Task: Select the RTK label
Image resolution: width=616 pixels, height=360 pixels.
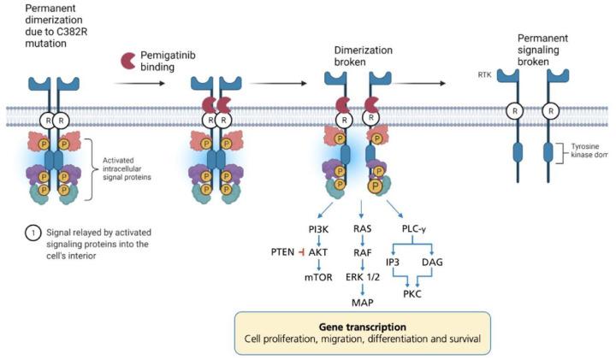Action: (x=484, y=75)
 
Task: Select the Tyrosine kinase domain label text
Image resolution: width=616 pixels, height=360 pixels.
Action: (x=587, y=153)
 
